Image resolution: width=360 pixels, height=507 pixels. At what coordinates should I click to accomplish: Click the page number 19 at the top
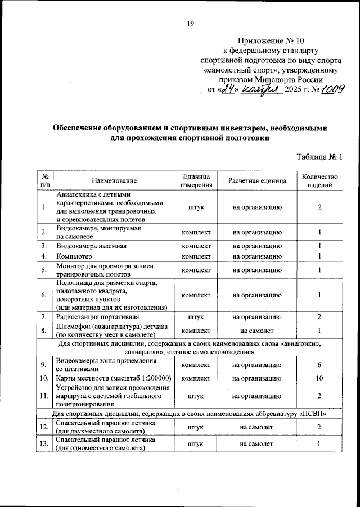pos(190,23)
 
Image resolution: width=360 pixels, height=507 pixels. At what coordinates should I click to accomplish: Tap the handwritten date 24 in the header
pos(226,89)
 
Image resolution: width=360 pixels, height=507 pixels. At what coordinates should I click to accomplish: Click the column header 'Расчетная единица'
pos(257,180)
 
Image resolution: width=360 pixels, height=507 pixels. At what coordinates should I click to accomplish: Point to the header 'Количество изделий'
pos(319,180)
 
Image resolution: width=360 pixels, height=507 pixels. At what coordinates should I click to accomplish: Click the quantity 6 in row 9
pos(319,365)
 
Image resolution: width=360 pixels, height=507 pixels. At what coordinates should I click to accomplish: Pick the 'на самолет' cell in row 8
pos(257,330)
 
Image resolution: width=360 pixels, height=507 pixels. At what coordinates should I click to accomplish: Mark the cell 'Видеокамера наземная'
pos(91,246)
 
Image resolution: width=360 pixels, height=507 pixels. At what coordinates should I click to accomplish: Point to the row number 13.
pos(43,445)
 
